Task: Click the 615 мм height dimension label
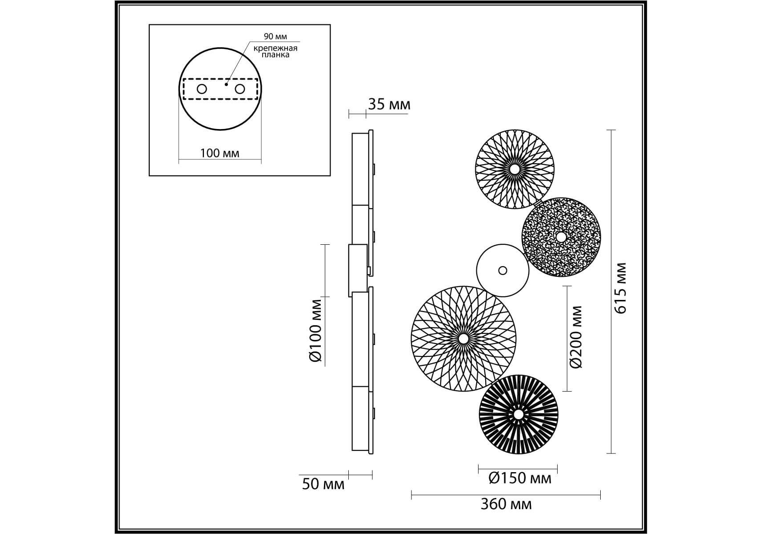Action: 621,288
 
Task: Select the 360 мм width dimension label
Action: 506,504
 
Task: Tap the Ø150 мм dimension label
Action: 519,478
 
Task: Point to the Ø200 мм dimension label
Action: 576,337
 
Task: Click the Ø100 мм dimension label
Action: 315,331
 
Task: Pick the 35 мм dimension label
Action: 389,105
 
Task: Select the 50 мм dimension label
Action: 323,484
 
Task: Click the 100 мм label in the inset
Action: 219,153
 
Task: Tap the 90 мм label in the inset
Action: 275,36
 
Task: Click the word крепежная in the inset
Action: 275,48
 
